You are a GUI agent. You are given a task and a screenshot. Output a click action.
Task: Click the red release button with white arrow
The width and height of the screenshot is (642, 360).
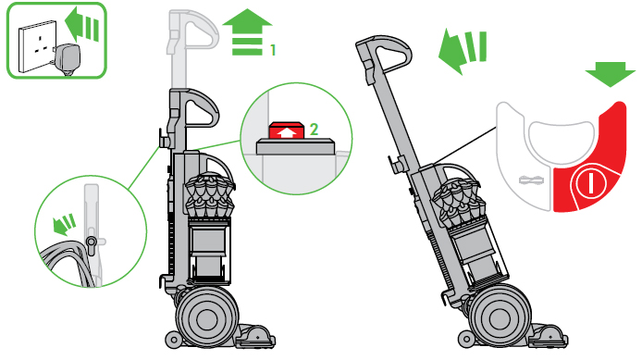click(x=286, y=131)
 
